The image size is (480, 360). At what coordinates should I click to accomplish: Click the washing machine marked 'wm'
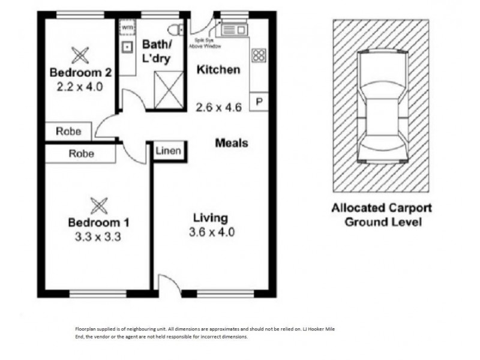(127, 27)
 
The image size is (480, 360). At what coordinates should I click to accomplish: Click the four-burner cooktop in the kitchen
(259, 56)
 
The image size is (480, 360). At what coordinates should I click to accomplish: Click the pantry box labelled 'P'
(259, 101)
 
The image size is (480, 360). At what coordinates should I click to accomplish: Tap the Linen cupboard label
(168, 151)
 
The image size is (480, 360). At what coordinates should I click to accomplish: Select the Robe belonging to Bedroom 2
(68, 131)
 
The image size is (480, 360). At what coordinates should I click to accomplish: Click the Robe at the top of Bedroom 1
(81, 154)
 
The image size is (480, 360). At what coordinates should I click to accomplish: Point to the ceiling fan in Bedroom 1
(98, 205)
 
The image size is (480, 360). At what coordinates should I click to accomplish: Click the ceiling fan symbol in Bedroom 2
(80, 56)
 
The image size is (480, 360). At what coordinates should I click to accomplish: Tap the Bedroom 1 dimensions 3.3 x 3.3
(98, 236)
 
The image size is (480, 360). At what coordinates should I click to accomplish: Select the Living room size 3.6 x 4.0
(209, 232)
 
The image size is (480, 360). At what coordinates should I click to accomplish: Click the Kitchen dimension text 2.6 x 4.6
(218, 108)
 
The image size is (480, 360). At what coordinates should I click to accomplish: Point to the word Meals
(231, 143)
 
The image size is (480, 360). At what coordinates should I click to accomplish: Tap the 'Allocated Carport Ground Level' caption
(381, 215)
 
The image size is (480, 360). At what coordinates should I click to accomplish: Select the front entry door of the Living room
(169, 286)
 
